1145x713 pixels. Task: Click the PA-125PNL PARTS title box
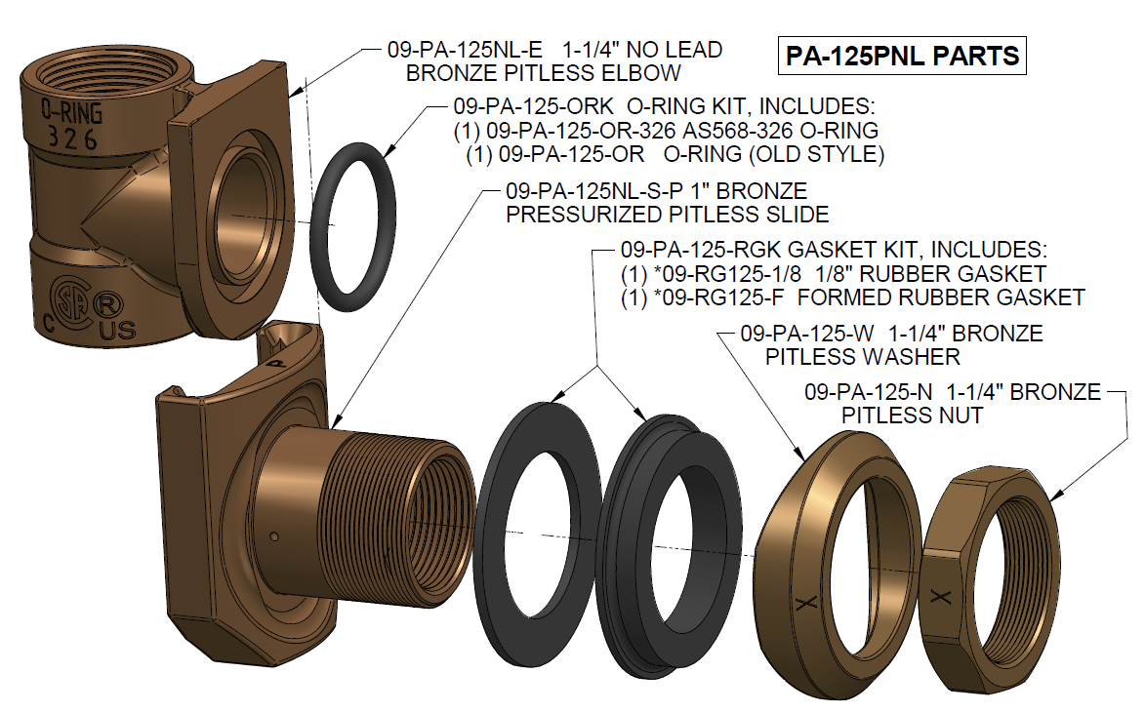click(903, 56)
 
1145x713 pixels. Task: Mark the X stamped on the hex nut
click(941, 599)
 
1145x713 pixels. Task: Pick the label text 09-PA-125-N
click(868, 393)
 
